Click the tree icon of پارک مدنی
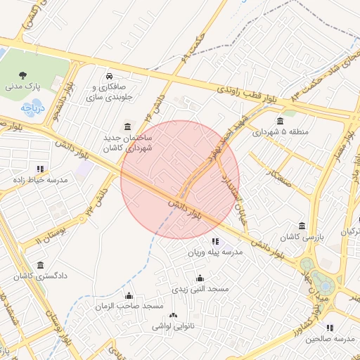point(24,75)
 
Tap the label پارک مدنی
point(24,86)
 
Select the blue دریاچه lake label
point(32,108)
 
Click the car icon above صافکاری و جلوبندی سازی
point(109,76)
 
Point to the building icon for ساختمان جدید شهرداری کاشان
point(127,127)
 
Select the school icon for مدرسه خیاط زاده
point(40,169)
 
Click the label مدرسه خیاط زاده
point(40,181)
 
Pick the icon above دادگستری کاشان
point(40,265)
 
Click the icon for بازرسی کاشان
point(302,226)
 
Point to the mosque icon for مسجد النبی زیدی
point(200,278)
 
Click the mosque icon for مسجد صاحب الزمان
point(128,295)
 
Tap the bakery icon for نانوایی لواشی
point(174,316)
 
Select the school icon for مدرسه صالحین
point(330,327)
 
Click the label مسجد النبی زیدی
point(200,290)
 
